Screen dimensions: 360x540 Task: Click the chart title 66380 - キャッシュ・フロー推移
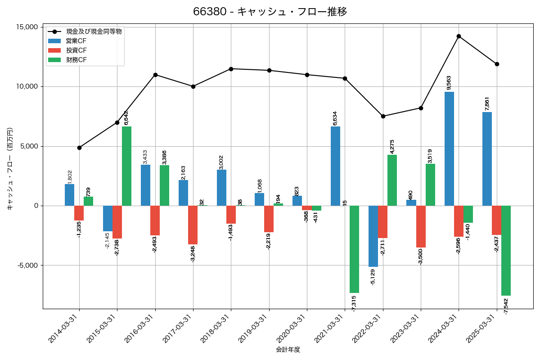[x=270, y=12]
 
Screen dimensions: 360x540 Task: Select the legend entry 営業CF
[x=76, y=41]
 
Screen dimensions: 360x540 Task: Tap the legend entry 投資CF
[x=76, y=50]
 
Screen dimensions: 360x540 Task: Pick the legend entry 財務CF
[x=76, y=60]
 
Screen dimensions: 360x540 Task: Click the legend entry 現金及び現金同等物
[x=94, y=31]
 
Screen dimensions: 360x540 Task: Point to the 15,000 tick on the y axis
[x=27, y=27]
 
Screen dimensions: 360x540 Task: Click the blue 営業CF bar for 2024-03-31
[x=449, y=148]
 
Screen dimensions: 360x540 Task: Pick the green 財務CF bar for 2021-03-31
[x=354, y=249]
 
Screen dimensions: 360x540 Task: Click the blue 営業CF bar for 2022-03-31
[x=373, y=236]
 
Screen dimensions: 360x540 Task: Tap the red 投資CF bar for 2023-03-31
[x=421, y=226]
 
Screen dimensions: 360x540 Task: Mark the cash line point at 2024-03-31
[x=459, y=36]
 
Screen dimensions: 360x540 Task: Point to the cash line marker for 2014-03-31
[x=79, y=148]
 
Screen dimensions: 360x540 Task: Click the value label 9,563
[x=449, y=83]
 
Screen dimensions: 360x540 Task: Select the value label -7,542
[x=506, y=306]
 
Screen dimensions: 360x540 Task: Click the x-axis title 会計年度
[x=288, y=350]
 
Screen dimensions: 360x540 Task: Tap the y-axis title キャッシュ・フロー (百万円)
[x=9, y=168]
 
